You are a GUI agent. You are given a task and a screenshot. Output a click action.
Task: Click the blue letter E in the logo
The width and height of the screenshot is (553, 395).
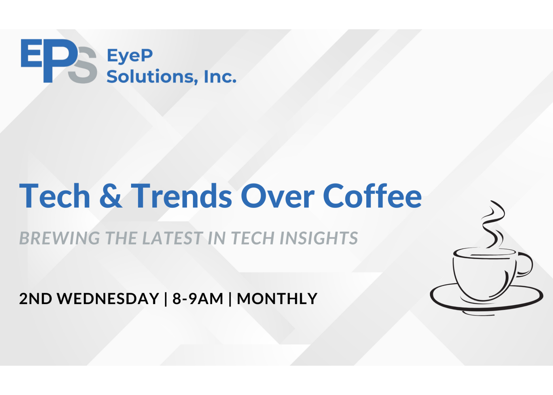(x=32, y=53)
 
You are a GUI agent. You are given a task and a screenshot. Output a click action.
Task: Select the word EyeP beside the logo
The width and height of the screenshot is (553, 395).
(x=130, y=56)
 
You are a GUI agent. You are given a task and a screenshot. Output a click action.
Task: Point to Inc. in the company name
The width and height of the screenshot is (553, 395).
(x=220, y=77)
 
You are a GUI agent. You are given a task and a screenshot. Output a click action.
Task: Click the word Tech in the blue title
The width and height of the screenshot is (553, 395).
(x=55, y=196)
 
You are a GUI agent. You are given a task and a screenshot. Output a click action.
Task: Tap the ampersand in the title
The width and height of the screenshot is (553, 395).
(x=111, y=196)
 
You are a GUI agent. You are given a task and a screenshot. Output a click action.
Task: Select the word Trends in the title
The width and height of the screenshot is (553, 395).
(x=181, y=196)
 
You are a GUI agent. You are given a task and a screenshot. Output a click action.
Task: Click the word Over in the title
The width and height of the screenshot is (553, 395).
(x=278, y=196)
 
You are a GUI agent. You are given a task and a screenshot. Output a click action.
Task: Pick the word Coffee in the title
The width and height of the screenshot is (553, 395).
(x=372, y=196)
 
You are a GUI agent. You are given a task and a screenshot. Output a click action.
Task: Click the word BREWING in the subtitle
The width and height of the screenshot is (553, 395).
(x=60, y=238)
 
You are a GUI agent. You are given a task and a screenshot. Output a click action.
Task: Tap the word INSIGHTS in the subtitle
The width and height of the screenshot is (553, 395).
(x=319, y=238)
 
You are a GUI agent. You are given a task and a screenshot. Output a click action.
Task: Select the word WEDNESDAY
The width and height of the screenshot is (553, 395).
(x=108, y=299)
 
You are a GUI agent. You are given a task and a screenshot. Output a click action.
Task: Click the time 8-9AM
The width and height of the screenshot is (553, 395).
(x=198, y=299)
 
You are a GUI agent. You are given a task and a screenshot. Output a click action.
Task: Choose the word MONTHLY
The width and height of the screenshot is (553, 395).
(x=277, y=299)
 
